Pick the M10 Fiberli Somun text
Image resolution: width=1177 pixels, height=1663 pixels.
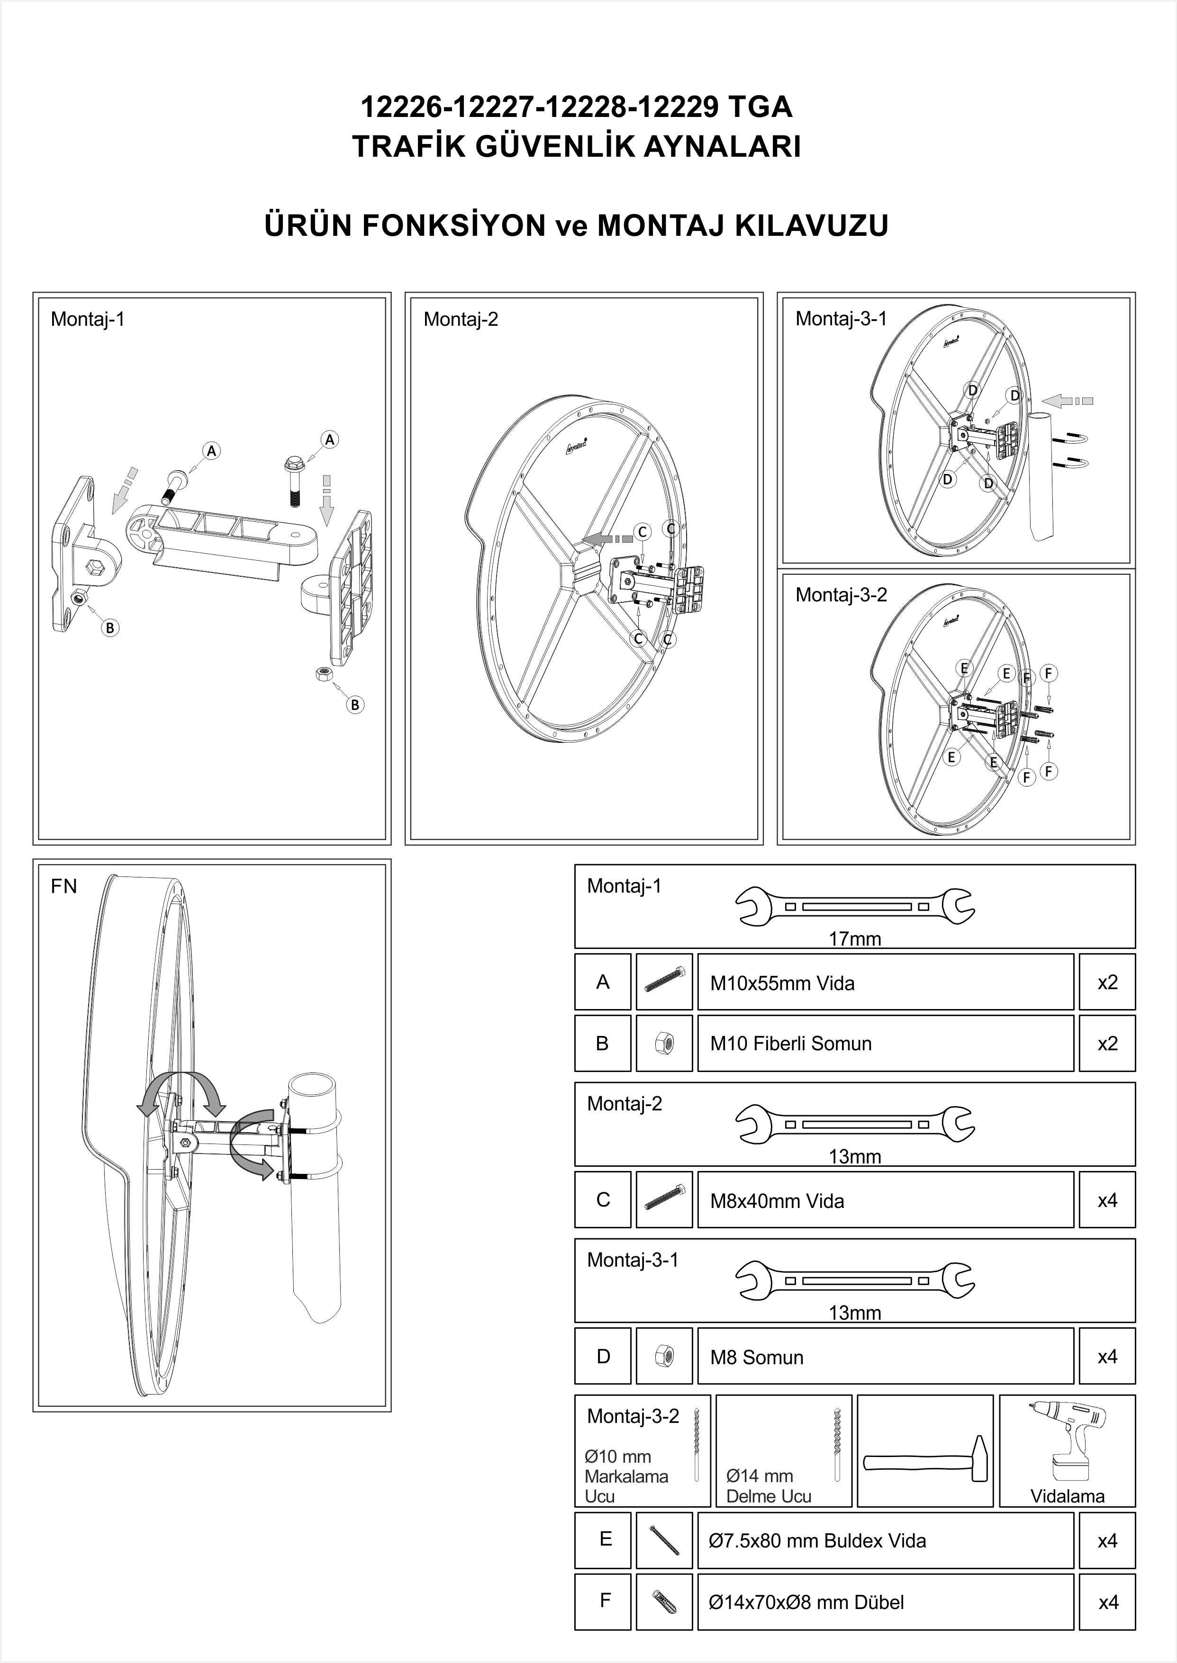tap(791, 1043)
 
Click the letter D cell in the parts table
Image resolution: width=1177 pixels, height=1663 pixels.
tap(603, 1357)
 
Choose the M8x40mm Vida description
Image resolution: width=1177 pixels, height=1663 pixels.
tap(777, 1201)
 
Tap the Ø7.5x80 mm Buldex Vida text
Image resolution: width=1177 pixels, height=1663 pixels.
tap(817, 1540)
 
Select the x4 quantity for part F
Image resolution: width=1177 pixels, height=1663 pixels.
tap(1107, 1602)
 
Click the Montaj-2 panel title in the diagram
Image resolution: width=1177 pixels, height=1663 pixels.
tap(461, 320)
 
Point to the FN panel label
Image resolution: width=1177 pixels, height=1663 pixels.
tap(64, 886)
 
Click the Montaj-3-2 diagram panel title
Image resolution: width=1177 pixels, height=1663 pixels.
tap(841, 595)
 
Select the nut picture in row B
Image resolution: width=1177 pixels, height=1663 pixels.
tap(664, 1044)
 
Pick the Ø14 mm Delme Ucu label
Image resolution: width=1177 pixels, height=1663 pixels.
tap(768, 1485)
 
